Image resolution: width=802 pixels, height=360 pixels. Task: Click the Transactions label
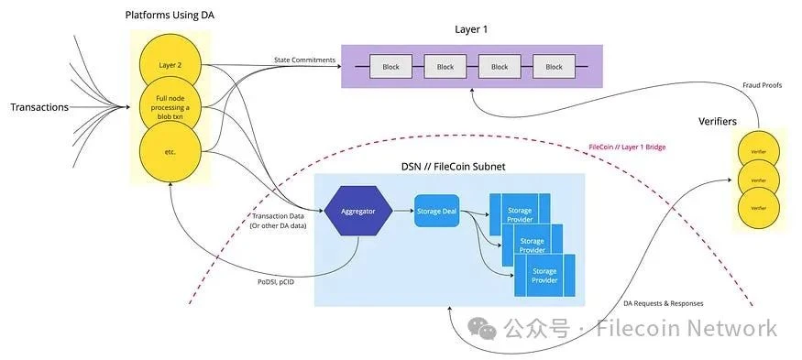(x=39, y=107)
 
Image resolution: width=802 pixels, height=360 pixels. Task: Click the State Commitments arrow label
(x=304, y=60)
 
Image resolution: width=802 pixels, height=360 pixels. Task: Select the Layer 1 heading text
(x=471, y=29)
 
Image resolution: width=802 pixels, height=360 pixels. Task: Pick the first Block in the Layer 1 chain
(x=391, y=67)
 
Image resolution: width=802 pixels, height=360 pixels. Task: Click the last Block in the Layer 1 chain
(x=554, y=67)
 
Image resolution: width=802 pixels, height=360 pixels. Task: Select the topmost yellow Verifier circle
(x=759, y=148)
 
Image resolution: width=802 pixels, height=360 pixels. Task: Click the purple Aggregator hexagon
(x=359, y=211)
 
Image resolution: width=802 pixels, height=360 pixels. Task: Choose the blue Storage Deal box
(x=436, y=211)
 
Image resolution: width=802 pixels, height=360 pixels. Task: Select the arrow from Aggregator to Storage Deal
(x=402, y=211)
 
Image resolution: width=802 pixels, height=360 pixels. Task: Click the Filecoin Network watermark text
(x=686, y=328)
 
